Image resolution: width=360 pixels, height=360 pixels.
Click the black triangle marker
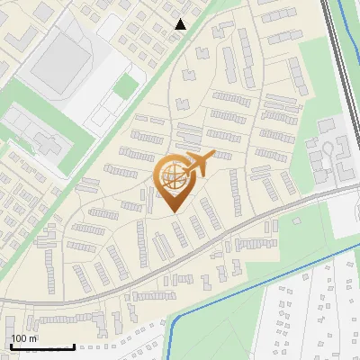tap(180, 24)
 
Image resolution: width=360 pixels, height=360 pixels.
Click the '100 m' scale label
tap(24, 338)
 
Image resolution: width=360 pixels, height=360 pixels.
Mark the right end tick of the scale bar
tap(74, 346)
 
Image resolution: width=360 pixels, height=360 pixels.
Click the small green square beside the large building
tap(127, 86)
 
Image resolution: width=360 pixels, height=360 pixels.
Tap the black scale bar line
tap(41, 347)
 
